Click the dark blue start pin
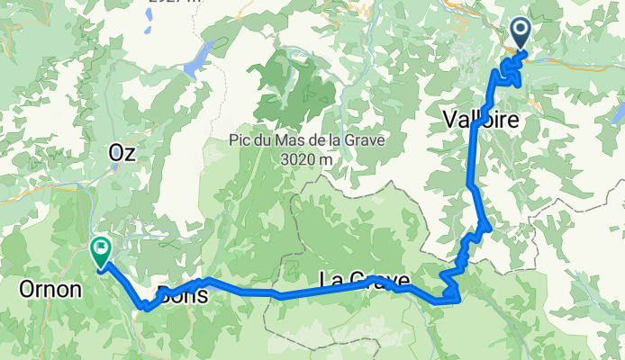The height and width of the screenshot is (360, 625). tap(521, 34)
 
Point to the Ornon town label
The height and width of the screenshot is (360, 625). tap(49, 290)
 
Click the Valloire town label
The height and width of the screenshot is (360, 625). tap(481, 118)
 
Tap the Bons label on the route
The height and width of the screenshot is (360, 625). tap(184, 294)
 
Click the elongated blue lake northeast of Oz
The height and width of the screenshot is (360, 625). tap(200, 60)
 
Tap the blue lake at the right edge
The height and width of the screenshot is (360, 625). tap(617, 112)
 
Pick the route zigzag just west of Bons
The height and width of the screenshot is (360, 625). tap(148, 306)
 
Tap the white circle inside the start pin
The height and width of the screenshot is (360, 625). tap(521, 30)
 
